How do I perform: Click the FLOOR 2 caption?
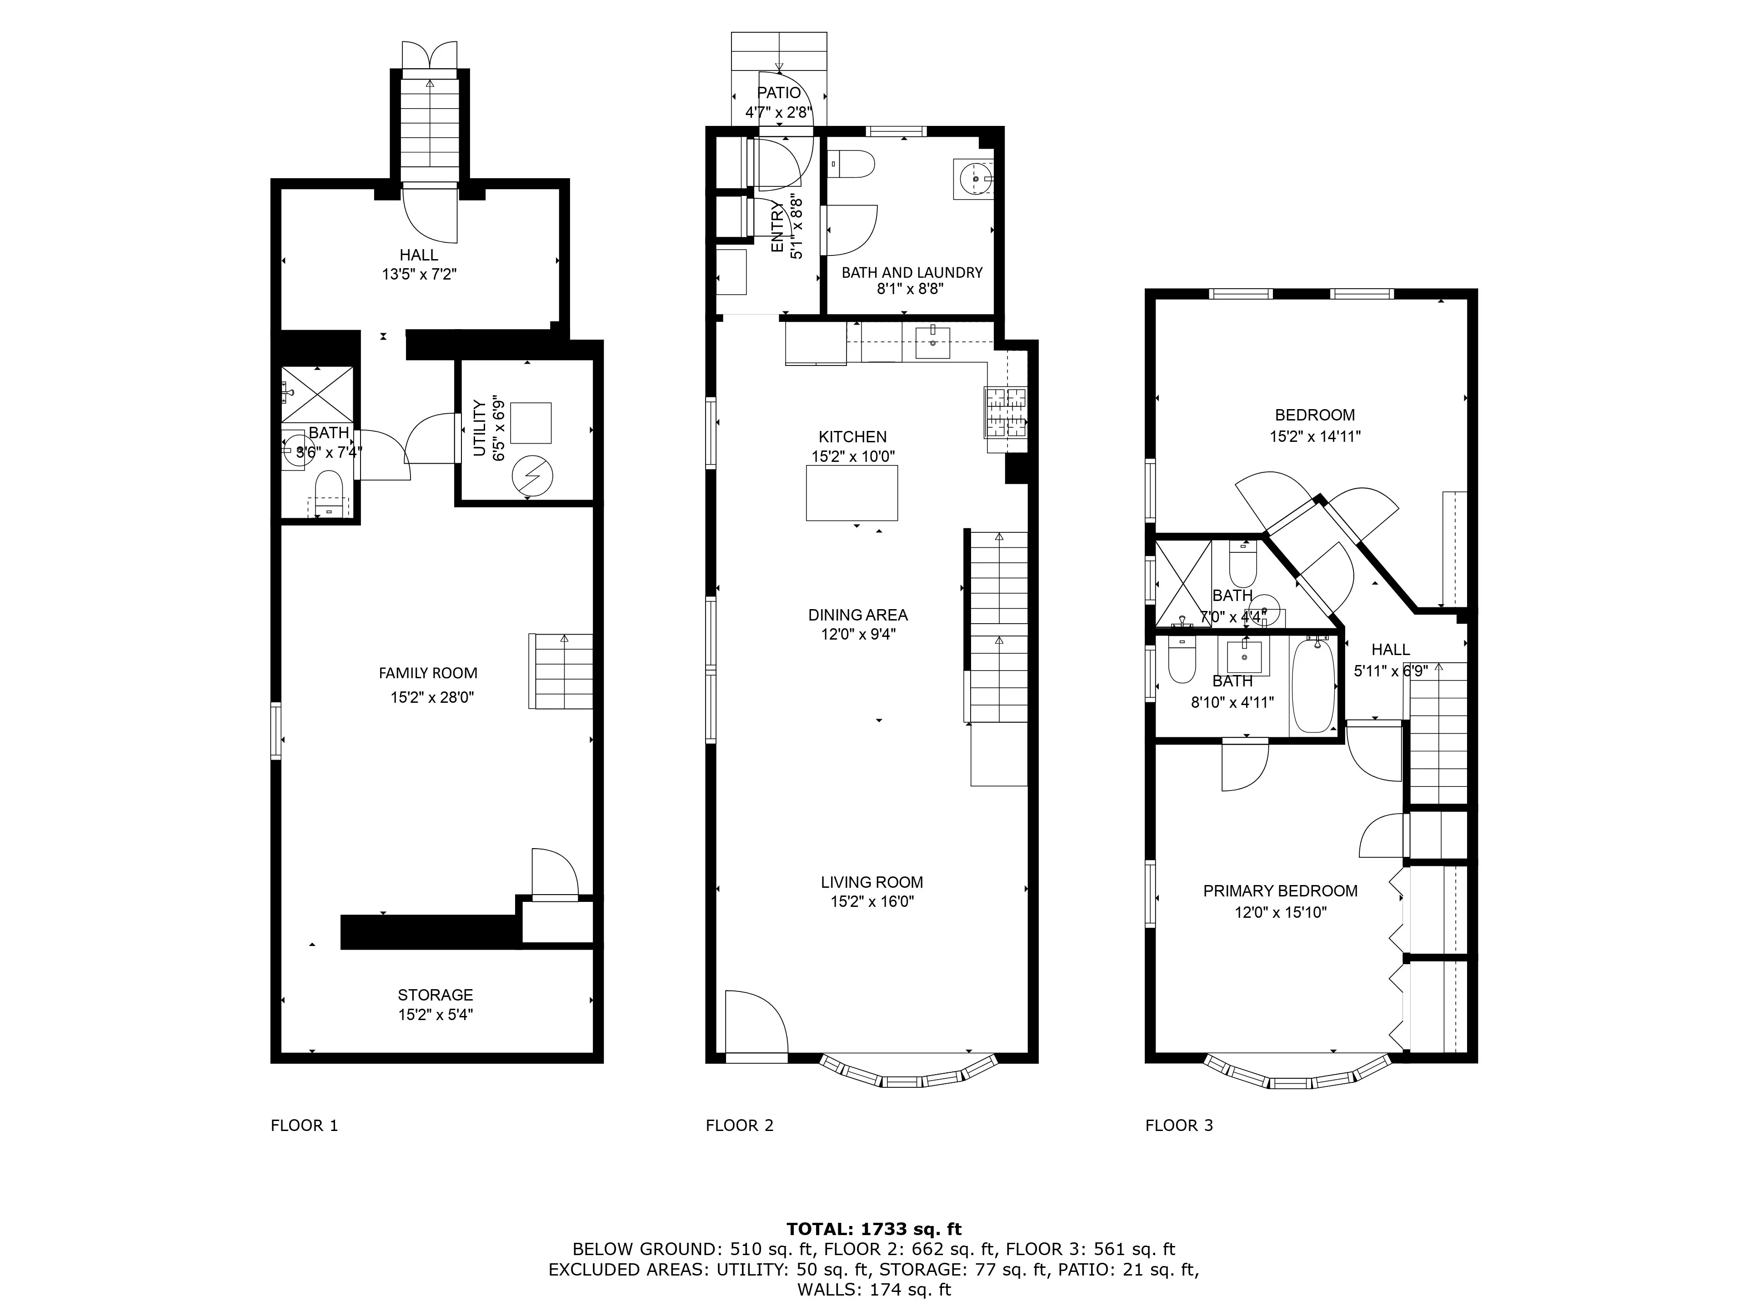coord(739,1125)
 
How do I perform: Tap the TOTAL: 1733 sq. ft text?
coord(873,1229)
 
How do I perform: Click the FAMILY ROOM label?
coord(427,673)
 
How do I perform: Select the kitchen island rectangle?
coord(851,493)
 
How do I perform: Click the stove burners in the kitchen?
coord(1005,412)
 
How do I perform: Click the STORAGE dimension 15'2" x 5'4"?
coord(436,1015)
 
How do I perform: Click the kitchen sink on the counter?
coord(933,343)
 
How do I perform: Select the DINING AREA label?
coord(857,615)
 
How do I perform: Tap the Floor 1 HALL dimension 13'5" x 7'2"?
coord(419,275)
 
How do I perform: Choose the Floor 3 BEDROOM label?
coord(1314,415)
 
